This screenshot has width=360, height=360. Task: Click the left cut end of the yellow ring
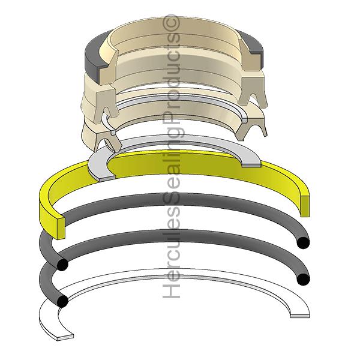[61, 228]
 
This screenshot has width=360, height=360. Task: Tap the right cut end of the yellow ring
[304, 206]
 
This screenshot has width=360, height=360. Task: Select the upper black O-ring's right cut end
[303, 242]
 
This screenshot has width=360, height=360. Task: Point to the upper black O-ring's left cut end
[62, 264]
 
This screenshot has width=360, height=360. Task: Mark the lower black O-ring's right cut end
[303, 279]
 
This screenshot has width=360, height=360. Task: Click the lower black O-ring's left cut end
[62, 301]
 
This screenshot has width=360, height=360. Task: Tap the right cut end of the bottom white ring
[300, 315]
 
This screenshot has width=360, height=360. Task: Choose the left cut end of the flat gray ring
[107, 177]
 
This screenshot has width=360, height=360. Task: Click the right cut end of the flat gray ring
[251, 166]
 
